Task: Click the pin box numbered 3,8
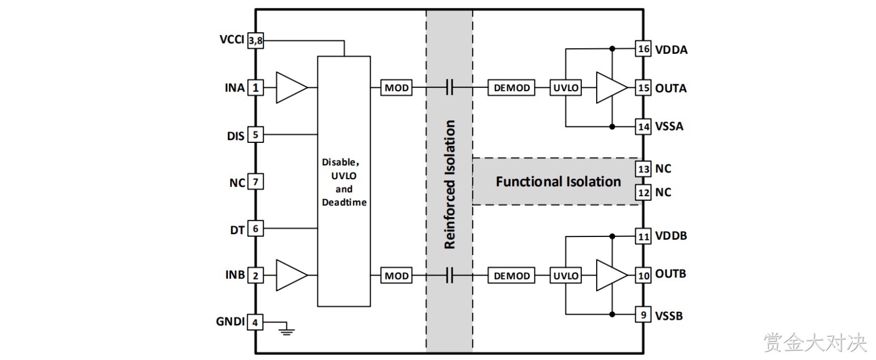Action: coord(256,41)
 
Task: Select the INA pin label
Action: coord(235,88)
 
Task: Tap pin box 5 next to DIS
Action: coord(256,134)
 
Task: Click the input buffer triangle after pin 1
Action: coord(292,88)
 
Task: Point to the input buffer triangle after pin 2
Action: coord(292,276)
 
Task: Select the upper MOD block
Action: coord(396,88)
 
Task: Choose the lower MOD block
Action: coord(396,276)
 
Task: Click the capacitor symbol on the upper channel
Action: coord(450,88)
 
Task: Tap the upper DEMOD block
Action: coord(511,88)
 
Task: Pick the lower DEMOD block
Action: coord(511,276)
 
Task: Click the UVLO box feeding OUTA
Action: coord(565,88)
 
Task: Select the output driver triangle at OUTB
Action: coord(611,276)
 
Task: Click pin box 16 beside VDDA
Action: coord(643,49)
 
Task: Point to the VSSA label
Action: coord(669,126)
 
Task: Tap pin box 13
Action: coord(643,169)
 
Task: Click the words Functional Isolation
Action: coord(559,181)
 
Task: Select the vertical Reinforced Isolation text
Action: coord(450,184)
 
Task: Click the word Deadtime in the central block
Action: coord(344,202)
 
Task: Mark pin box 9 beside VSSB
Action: coord(643,315)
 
